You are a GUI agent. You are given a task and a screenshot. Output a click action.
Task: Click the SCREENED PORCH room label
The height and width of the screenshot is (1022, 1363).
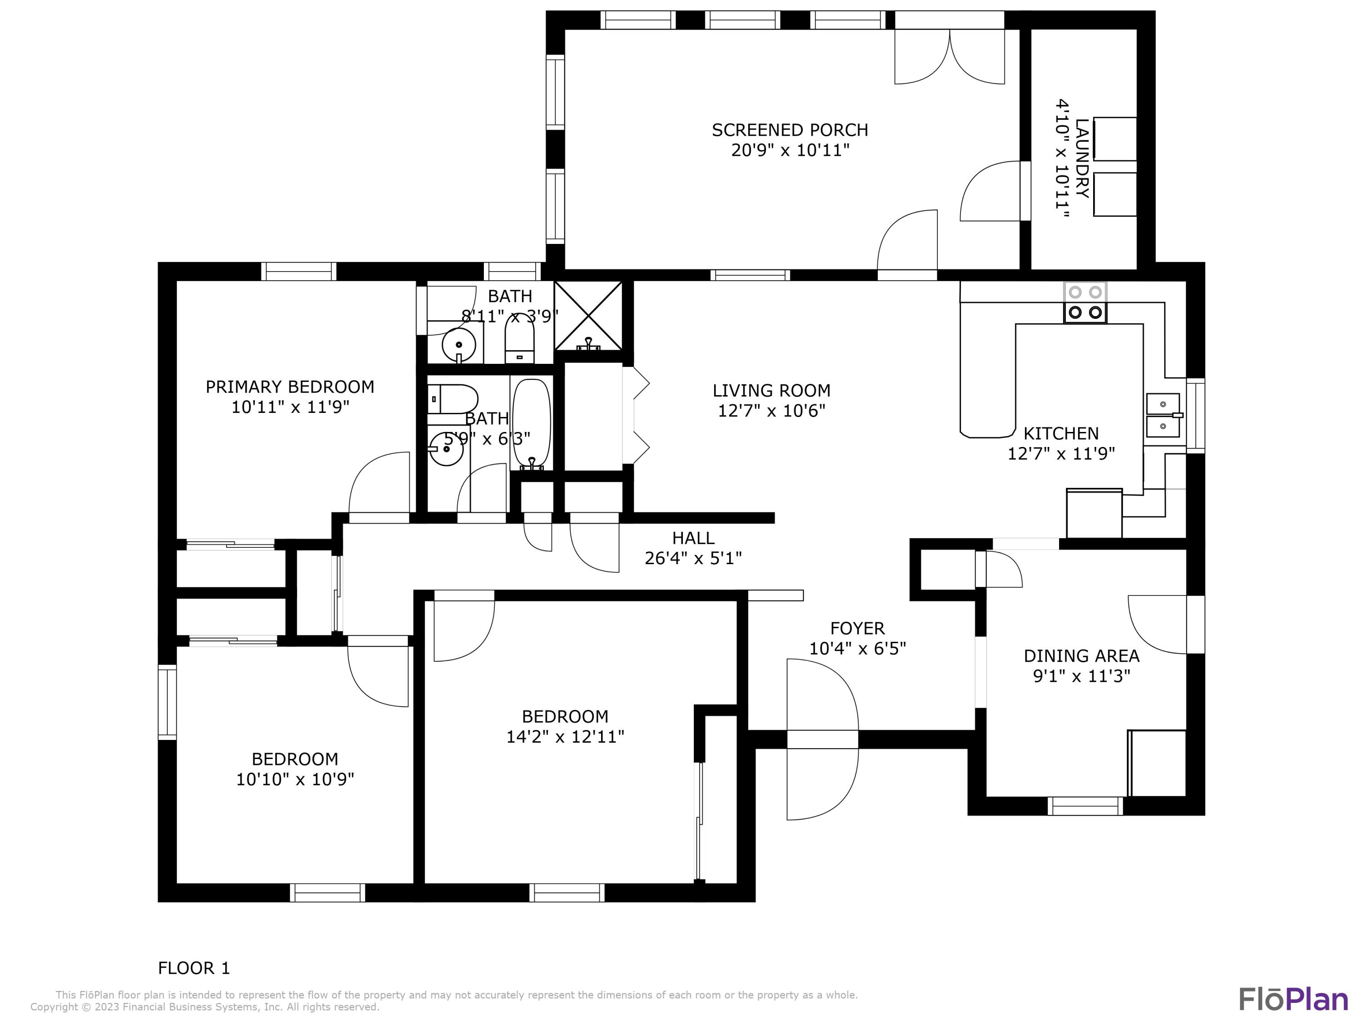pos(790,130)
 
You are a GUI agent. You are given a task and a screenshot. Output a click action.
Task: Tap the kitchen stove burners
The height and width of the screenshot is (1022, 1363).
pos(1085,303)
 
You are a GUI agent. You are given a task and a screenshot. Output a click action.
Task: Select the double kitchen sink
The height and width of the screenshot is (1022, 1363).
pos(1163,415)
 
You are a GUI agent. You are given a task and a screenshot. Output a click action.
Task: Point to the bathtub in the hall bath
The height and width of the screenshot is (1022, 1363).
pos(531,422)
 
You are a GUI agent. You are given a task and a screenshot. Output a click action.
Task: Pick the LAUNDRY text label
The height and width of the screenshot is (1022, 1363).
pos(1081,159)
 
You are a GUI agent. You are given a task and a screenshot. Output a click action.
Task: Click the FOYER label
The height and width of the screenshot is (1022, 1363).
pos(857,628)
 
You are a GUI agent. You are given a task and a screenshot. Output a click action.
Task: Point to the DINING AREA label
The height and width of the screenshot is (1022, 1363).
pos(1081,655)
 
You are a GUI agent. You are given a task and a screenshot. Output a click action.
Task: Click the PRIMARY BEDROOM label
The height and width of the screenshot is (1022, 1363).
pos(289,387)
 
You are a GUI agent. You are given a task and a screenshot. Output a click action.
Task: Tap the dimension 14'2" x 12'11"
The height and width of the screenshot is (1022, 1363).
pos(565,737)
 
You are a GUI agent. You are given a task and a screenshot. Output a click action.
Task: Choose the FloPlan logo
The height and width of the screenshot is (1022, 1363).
pos(1293,999)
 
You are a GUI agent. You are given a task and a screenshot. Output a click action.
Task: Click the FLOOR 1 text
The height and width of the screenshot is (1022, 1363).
pos(194,968)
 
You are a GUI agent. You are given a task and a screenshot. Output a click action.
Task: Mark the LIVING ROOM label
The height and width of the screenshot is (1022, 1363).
pos(771,391)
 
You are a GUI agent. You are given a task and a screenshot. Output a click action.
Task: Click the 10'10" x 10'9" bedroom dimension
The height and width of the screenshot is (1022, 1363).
pos(295,779)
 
